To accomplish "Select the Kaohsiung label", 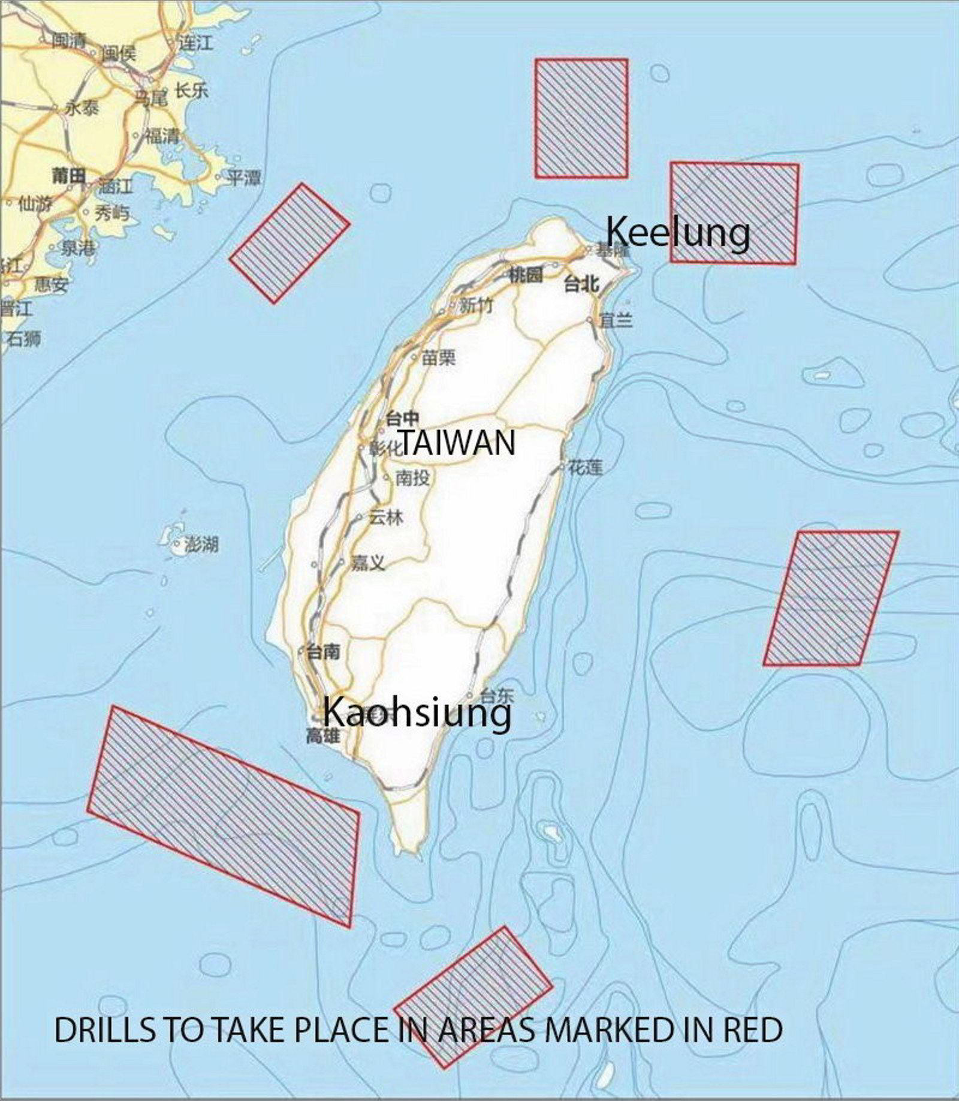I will click(417, 713).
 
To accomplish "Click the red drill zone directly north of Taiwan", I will click(581, 118).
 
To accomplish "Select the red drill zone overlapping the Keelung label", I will click(734, 213).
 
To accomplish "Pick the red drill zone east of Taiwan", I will click(831, 598).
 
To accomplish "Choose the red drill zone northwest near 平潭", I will click(289, 243).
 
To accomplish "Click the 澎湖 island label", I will click(201, 545).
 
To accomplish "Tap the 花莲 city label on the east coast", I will click(585, 467).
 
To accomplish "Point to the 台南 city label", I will click(324, 651).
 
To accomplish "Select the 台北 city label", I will click(581, 284).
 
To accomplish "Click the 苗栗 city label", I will click(439, 358).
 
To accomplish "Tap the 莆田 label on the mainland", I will click(68, 176).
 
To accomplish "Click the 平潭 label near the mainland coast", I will click(244, 178).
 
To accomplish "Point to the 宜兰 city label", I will click(616, 321).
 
